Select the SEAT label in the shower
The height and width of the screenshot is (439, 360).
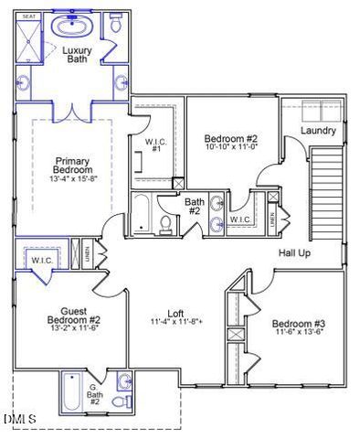tap(28, 16)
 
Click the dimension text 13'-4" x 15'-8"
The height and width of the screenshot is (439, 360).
tap(72, 178)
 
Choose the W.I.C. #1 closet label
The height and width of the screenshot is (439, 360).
tap(154, 145)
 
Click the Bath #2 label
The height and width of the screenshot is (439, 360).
tap(194, 207)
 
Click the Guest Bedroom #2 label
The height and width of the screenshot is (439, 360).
tap(75, 316)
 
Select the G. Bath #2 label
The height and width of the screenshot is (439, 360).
tap(93, 393)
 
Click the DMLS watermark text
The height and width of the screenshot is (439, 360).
tap(20, 419)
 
